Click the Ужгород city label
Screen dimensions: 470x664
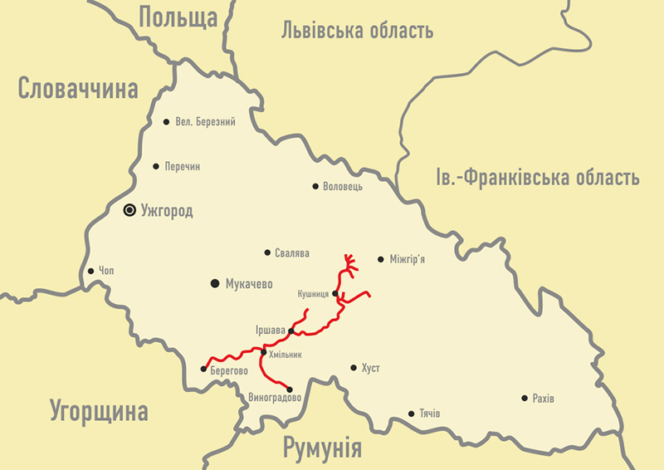pos(167,212)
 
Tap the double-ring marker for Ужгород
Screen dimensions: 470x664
pos(129,211)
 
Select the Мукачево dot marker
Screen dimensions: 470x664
pos(215,284)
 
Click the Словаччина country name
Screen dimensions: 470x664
pos(78,89)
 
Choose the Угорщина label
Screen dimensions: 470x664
pos(98,411)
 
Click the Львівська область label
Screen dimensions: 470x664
pos(358,32)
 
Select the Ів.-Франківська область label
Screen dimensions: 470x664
pos(538,177)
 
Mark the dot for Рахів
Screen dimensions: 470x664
pos(525,399)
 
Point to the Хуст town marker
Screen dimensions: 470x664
pos(354,368)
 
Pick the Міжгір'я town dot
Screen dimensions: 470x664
pos(381,259)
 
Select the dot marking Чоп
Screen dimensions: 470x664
pos(90,271)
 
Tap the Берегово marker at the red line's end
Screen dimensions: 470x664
pos(204,369)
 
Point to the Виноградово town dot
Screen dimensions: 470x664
pos(290,389)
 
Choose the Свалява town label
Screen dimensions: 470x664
pos(292,253)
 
